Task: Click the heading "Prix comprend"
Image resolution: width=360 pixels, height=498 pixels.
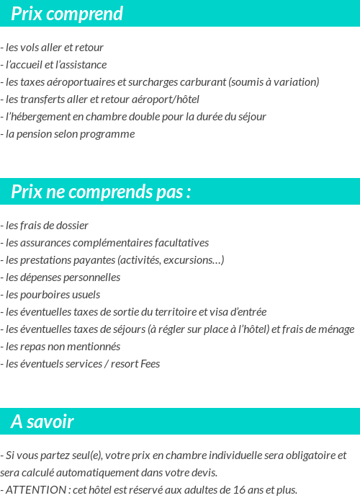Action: (x=67, y=14)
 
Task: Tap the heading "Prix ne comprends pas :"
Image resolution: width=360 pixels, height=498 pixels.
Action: (x=101, y=192)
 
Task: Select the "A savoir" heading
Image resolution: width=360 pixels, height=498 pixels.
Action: (x=42, y=422)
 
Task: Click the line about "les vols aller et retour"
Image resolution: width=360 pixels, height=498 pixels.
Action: (x=54, y=48)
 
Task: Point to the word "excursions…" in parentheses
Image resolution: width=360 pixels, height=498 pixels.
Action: (x=196, y=260)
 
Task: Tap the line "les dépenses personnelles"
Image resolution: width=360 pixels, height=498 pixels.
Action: (x=63, y=277)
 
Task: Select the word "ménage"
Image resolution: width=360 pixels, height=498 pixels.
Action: (x=336, y=329)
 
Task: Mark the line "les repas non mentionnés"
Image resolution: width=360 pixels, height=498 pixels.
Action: (x=63, y=347)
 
